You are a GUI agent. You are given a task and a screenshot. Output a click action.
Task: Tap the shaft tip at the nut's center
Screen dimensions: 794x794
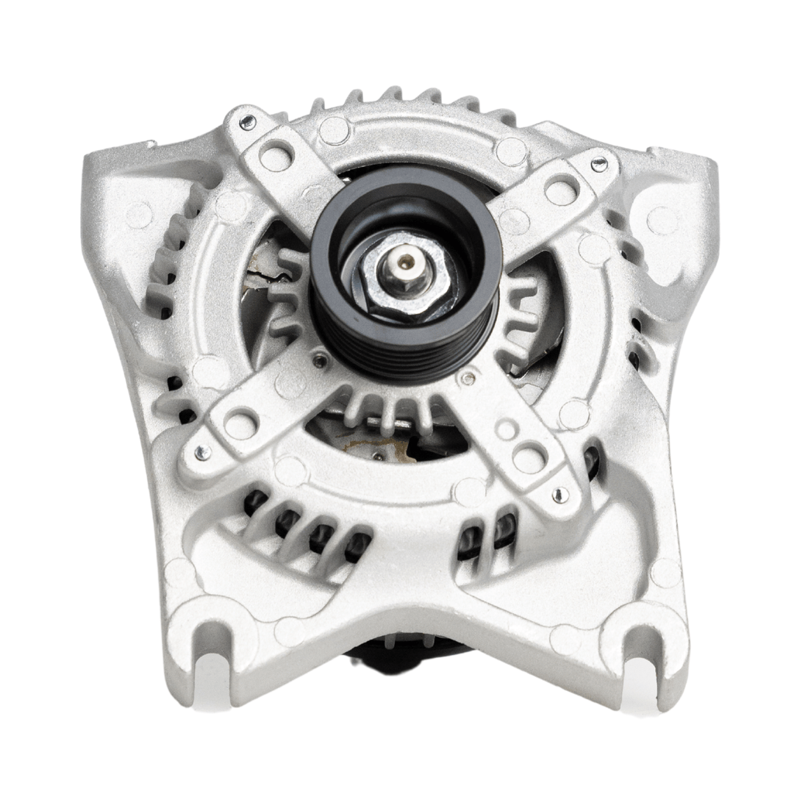coord(404,262)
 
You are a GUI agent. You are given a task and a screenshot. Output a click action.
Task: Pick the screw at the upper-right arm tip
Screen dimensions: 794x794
coord(600,165)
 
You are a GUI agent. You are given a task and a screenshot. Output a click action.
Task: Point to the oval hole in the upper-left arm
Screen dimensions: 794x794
coord(276,157)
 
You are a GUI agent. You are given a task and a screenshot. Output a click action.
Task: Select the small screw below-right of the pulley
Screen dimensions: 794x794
coord(467,379)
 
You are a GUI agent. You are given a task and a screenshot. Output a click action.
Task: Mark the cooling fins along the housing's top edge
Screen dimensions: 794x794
coord(412,99)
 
